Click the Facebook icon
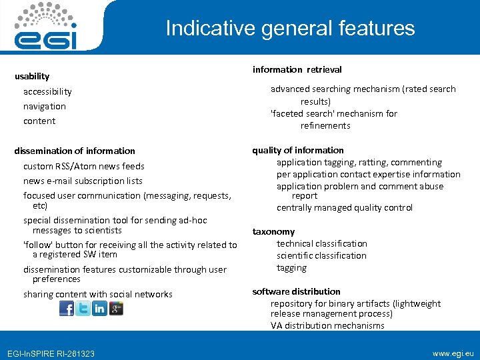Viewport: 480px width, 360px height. [67, 309]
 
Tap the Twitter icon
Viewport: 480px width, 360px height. [83, 309]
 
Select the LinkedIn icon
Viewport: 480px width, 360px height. [99, 309]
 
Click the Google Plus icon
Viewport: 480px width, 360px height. [116, 309]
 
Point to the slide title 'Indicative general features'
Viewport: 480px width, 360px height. [290, 28]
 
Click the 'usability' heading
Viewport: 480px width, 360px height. [32, 77]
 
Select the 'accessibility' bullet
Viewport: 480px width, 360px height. [47, 91]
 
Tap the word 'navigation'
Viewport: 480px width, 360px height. [45, 106]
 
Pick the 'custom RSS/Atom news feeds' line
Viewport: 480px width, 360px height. [84, 166]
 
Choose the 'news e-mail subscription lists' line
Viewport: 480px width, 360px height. [83, 181]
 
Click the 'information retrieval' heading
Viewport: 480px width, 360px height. [297, 69]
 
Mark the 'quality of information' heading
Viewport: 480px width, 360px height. [298, 150]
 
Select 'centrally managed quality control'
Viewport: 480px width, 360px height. [345, 207]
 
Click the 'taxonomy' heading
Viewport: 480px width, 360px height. [273, 231]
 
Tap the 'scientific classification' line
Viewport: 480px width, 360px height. [321, 255]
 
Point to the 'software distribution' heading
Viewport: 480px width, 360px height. [296, 291]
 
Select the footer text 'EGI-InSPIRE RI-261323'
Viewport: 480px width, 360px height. [51, 353]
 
